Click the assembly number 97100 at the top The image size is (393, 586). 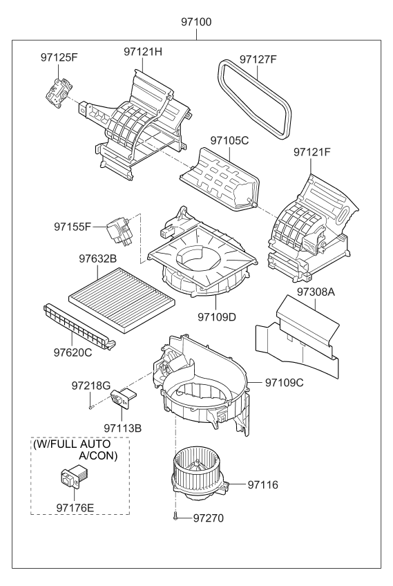196,21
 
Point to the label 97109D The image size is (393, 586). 217,316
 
